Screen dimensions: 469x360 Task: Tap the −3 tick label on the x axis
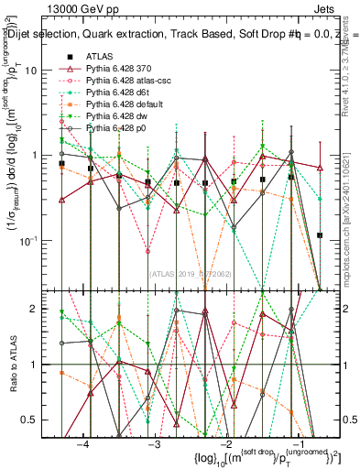coord(154,444)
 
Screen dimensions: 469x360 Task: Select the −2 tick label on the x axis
coord(225,444)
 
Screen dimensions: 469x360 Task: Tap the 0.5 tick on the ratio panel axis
coord(42,420)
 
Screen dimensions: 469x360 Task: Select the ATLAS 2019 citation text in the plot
coord(191,273)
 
